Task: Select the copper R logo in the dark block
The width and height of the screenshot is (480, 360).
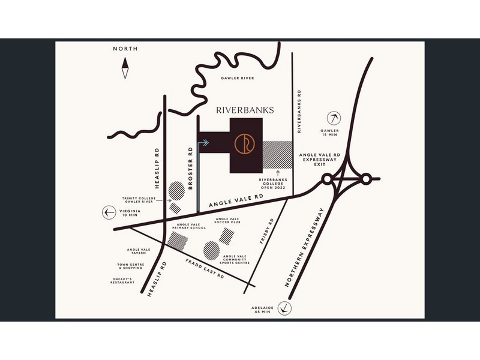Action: [x=246, y=145]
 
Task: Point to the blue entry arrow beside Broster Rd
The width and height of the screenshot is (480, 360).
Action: [x=204, y=143]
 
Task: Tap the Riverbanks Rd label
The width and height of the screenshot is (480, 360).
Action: [x=299, y=112]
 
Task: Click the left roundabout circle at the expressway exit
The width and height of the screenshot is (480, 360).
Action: [x=327, y=179]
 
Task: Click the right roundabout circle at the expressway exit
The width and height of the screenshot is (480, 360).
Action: [x=365, y=178]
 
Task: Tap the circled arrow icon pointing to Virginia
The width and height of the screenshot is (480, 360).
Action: [x=109, y=211]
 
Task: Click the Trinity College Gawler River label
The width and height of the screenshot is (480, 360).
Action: [x=139, y=201]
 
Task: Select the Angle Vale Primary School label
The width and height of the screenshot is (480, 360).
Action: [x=189, y=226]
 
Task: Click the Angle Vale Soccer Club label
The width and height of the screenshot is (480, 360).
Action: [x=228, y=221]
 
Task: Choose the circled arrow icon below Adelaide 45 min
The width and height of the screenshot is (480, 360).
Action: [x=286, y=308]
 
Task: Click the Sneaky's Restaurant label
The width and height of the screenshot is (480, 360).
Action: [x=122, y=281]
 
